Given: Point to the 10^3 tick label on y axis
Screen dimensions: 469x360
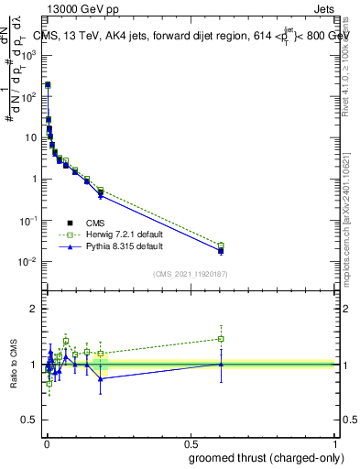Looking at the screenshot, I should (29, 55).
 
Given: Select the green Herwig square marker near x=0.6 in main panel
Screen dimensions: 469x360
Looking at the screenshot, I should (221, 245).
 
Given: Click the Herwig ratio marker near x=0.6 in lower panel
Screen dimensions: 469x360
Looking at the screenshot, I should (221, 339).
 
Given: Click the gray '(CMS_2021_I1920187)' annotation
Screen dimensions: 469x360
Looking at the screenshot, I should (190, 272).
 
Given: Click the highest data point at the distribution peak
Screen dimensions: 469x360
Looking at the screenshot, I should (48, 84).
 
